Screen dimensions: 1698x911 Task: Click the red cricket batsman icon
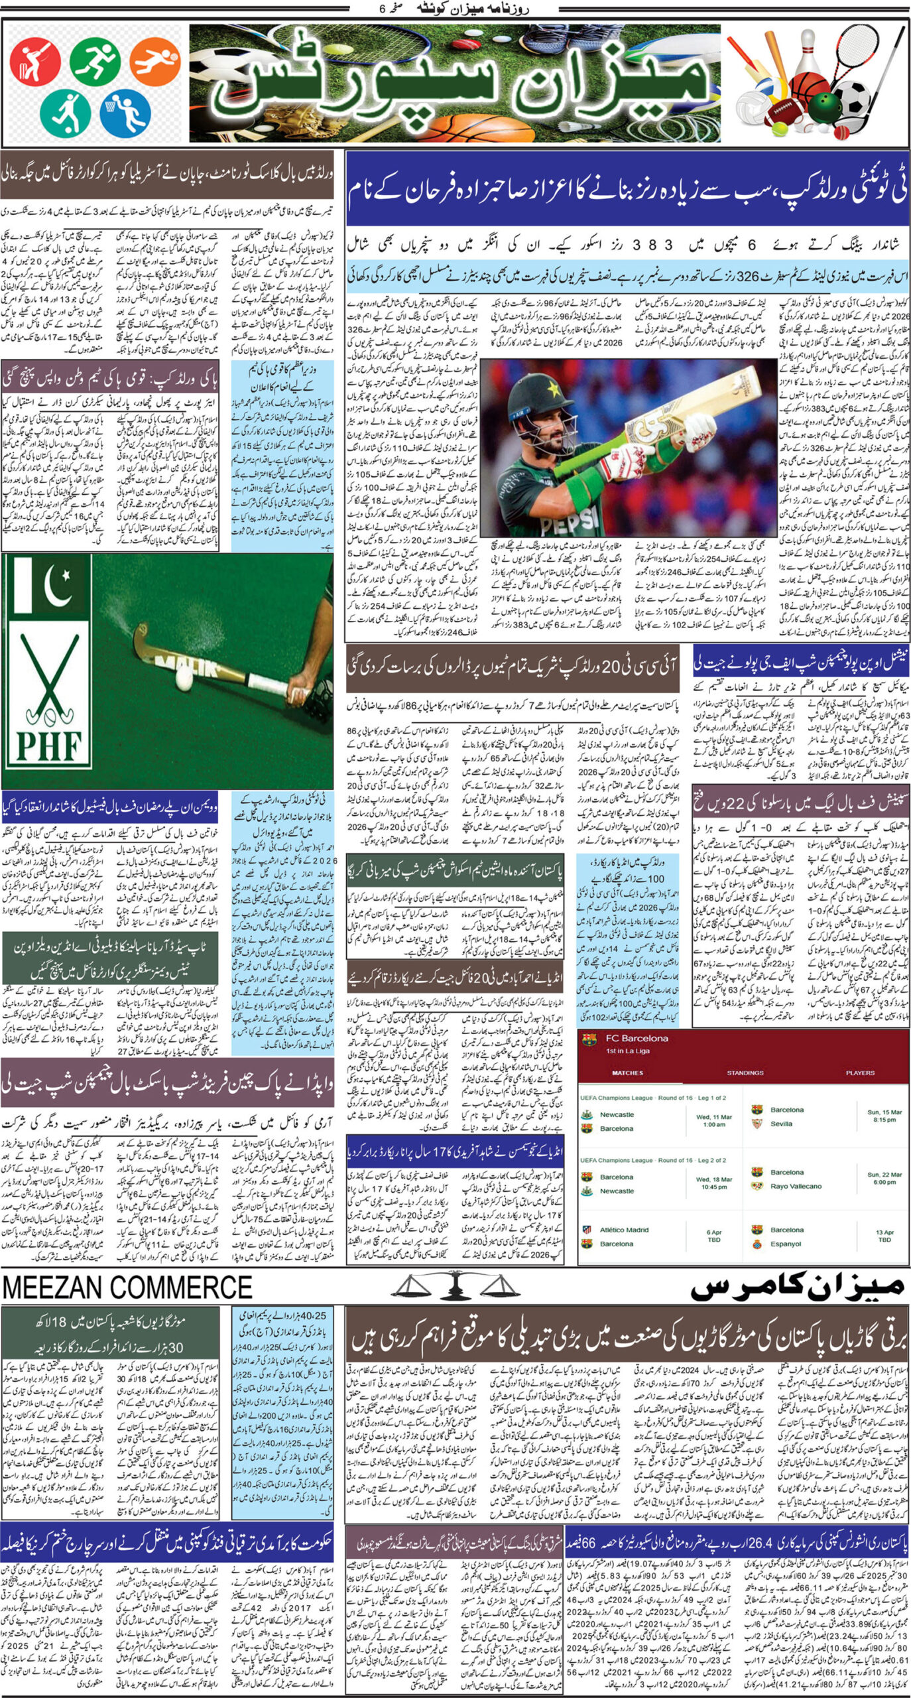coord(35,61)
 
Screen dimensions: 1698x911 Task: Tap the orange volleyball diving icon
coord(154,61)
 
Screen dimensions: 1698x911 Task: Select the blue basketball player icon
coord(125,112)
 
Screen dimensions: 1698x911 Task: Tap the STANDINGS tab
coord(745,1073)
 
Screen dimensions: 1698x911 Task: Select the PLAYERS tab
coord(860,1073)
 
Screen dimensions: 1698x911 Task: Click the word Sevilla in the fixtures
coord(781,1124)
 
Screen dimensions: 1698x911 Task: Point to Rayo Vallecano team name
coord(796,1186)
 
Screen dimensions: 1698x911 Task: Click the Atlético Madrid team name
coord(624,1229)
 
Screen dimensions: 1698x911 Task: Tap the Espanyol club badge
coord(757,1244)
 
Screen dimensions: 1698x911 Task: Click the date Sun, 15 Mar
coord(884,1112)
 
